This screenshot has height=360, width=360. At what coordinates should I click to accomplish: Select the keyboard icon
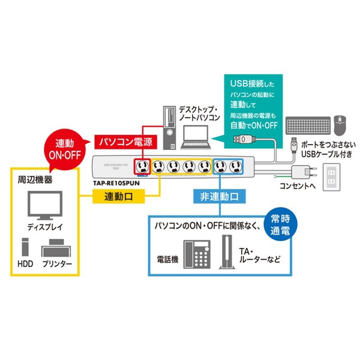(x=307, y=125)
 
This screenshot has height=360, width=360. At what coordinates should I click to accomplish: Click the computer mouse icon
(x=341, y=125)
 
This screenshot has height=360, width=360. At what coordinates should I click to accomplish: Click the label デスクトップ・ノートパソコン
(x=200, y=115)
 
